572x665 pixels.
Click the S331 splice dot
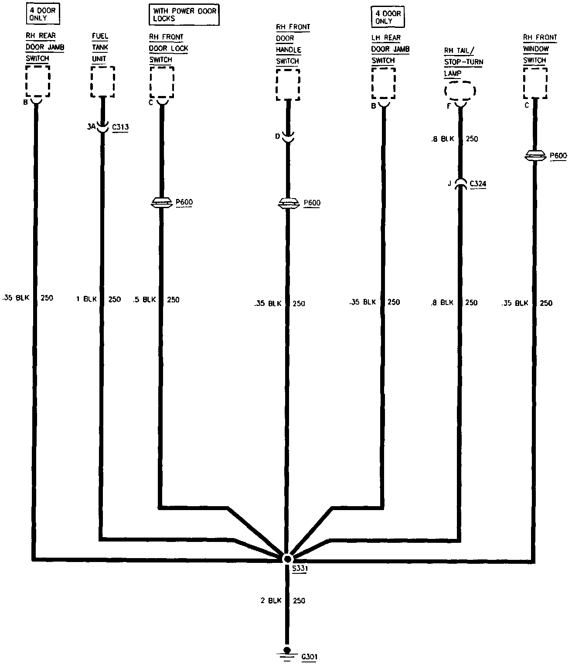pyautogui.click(x=287, y=559)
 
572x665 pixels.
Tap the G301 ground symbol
pyautogui.click(x=286, y=654)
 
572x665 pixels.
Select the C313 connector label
pyautogui.click(x=120, y=127)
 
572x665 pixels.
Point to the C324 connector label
pyautogui.click(x=478, y=184)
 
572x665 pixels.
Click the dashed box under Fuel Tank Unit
pyautogui.click(x=103, y=82)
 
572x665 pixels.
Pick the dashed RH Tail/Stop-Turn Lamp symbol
pyautogui.click(x=460, y=91)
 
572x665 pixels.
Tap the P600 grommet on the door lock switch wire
pyautogui.click(x=161, y=202)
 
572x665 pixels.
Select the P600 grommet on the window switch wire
pyautogui.click(x=535, y=156)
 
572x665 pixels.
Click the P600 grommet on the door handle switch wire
pyautogui.click(x=288, y=203)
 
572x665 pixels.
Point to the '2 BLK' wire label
pyautogui.click(x=271, y=600)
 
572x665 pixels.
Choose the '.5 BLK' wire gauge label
pyautogui.click(x=144, y=299)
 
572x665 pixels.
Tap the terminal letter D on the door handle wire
pyautogui.click(x=277, y=137)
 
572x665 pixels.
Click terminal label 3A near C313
pyautogui.click(x=91, y=127)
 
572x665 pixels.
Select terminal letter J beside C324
pyautogui.click(x=449, y=184)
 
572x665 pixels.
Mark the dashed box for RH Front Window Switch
pyautogui.click(x=535, y=83)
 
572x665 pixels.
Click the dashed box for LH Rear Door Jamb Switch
pyautogui.click(x=384, y=83)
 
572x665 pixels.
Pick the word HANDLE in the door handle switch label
pyautogui.click(x=288, y=50)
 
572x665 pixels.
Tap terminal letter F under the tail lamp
pyautogui.click(x=449, y=105)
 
